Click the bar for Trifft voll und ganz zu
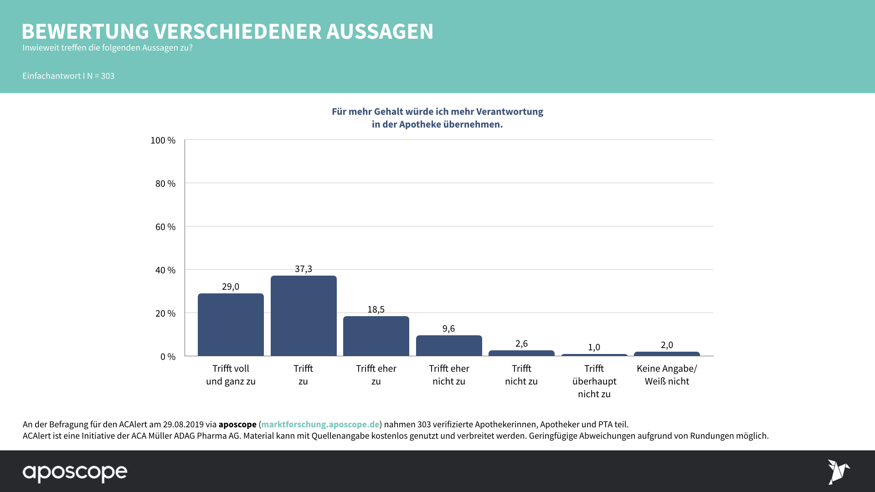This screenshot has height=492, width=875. pyautogui.click(x=231, y=324)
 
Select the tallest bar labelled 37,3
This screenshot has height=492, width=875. pyautogui.click(x=304, y=316)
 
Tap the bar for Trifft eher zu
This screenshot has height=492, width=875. pyautogui.click(x=376, y=336)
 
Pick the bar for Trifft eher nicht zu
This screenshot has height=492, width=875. pyautogui.click(x=449, y=345)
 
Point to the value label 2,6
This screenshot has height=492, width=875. pyautogui.click(x=521, y=343)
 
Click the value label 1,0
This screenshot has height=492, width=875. pyautogui.click(x=594, y=347)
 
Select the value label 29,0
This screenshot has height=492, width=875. pyautogui.click(x=231, y=287)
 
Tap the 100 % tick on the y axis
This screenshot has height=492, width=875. pyautogui.click(x=163, y=140)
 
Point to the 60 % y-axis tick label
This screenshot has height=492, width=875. pyautogui.click(x=165, y=227)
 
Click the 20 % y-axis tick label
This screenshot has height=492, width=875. pyautogui.click(x=165, y=313)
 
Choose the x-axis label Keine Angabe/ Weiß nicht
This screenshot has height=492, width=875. pyautogui.click(x=667, y=375)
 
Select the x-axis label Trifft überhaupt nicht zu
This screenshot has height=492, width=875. pyautogui.click(x=594, y=381)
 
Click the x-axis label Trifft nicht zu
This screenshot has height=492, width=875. pyautogui.click(x=521, y=375)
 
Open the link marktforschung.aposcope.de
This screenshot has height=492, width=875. pyautogui.click(x=320, y=424)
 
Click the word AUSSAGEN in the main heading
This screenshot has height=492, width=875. pyautogui.click(x=380, y=31)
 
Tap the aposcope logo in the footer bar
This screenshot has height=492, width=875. pyautogui.click(x=75, y=473)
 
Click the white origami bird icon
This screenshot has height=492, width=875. pyautogui.click(x=838, y=472)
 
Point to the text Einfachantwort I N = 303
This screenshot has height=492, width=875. pyautogui.click(x=68, y=76)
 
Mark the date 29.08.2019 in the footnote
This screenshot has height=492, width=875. pyautogui.click(x=184, y=424)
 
